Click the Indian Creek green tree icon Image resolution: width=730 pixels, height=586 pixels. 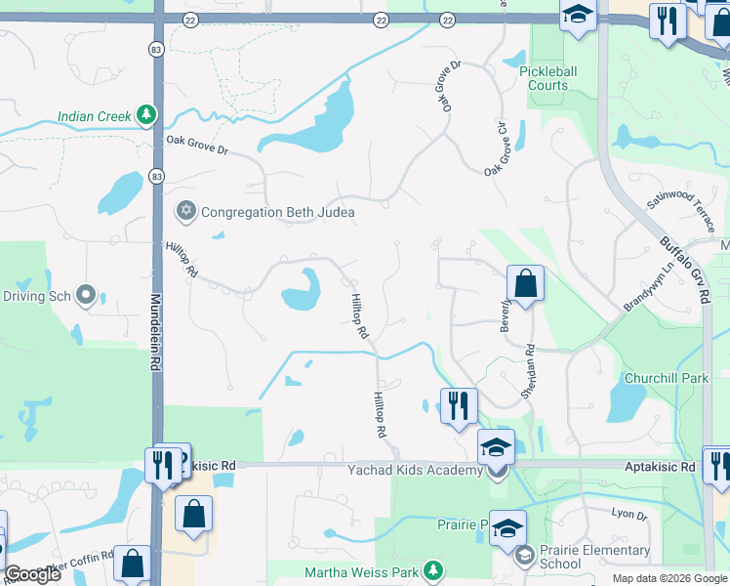pyautogui.click(x=145, y=116)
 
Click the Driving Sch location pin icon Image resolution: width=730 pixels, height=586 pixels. pyautogui.click(x=86, y=295)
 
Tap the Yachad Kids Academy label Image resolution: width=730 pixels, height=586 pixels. pyautogui.click(x=415, y=471)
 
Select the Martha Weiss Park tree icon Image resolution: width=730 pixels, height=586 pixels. pyautogui.click(x=432, y=570)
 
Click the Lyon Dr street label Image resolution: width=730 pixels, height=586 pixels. pyautogui.click(x=629, y=513)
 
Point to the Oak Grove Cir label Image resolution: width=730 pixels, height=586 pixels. pyautogui.click(x=498, y=149)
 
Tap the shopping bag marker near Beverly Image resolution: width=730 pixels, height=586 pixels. pyautogui.click(x=525, y=285)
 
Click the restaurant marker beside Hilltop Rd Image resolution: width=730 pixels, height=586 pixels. pyautogui.click(x=459, y=404)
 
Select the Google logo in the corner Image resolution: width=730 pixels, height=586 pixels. pyautogui.click(x=32, y=574)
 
